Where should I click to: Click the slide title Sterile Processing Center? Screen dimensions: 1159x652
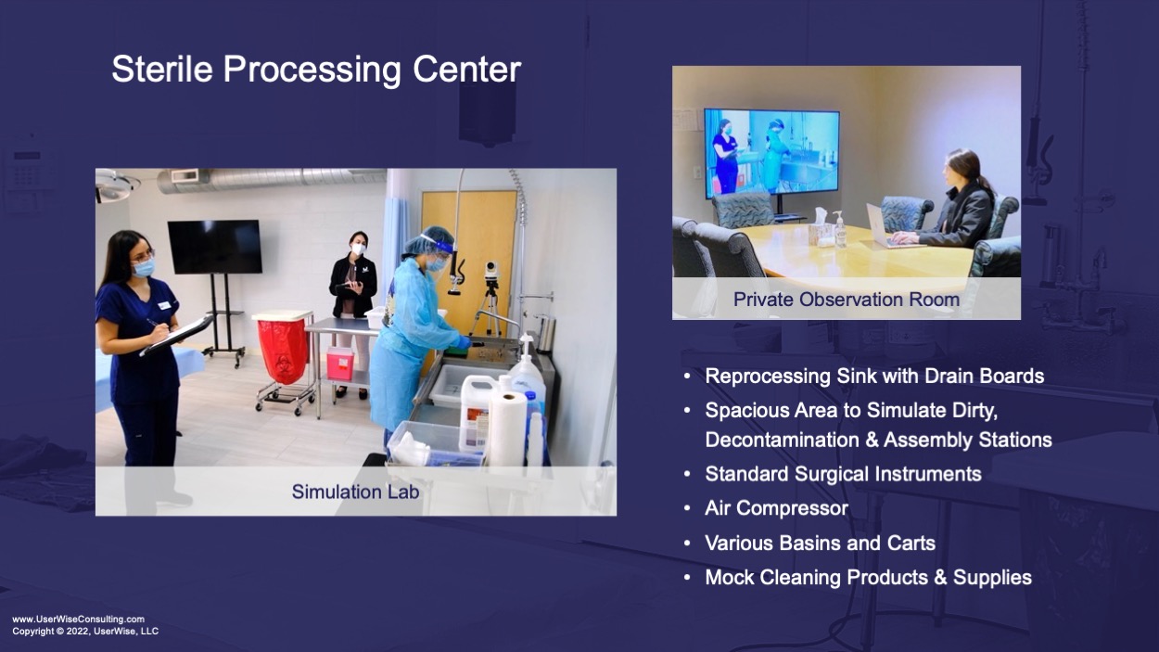pyautogui.click(x=316, y=70)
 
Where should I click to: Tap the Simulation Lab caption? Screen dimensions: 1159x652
pyautogui.click(x=355, y=492)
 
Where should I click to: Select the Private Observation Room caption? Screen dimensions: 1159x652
pyautogui.click(x=847, y=299)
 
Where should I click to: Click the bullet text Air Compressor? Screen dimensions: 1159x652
pyautogui.click(x=776, y=508)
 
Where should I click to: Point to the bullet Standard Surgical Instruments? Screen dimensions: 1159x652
pyautogui.click(x=843, y=474)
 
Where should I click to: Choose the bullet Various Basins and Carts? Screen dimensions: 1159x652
pyautogui.click(x=820, y=543)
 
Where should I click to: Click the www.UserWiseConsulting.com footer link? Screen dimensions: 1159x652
pyautogui.click(x=79, y=619)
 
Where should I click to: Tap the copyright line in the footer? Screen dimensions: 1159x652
pyautogui.click(x=85, y=632)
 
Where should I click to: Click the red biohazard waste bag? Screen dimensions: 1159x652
pyautogui.click(x=283, y=351)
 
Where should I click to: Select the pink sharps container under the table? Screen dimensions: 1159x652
pyautogui.click(x=340, y=364)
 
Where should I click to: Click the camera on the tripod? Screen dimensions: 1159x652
pyautogui.click(x=491, y=270)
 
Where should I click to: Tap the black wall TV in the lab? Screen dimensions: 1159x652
pyautogui.click(x=215, y=247)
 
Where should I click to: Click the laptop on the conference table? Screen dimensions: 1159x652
pyautogui.click(x=880, y=226)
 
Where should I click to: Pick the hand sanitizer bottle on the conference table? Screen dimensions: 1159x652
pyautogui.click(x=839, y=229)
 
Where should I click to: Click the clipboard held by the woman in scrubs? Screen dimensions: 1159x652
pyautogui.click(x=176, y=335)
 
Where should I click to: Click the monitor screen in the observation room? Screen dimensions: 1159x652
pyautogui.click(x=771, y=154)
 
